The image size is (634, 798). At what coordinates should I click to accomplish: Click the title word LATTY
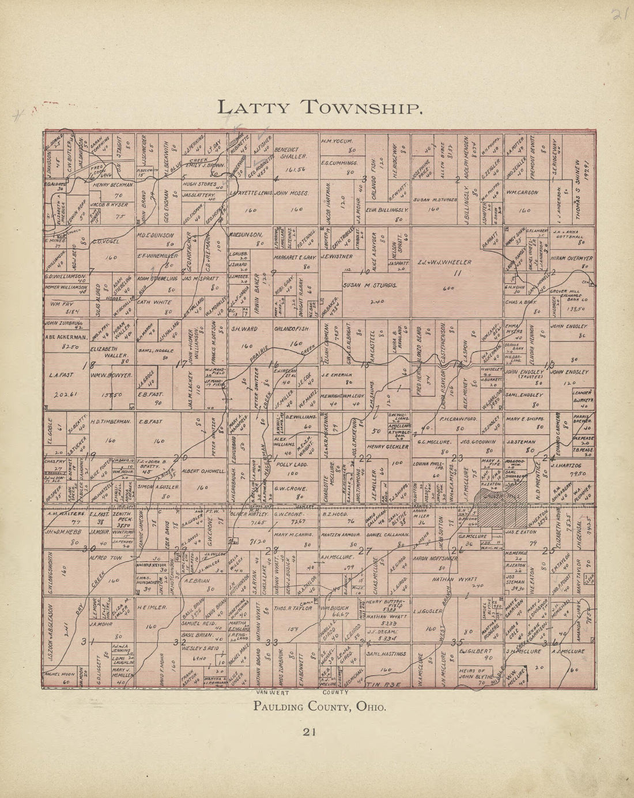pos(254,107)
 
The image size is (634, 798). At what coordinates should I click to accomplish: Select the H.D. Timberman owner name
pos(111,422)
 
